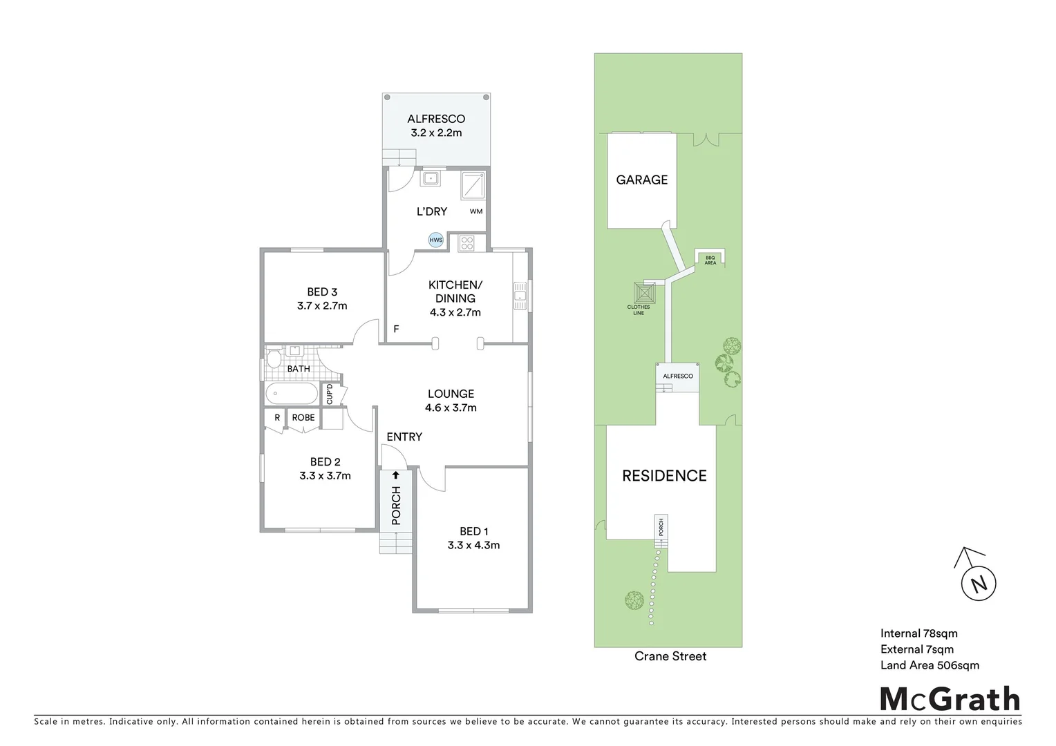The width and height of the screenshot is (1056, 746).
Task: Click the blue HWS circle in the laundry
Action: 435,240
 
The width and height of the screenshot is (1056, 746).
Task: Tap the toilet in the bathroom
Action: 274,359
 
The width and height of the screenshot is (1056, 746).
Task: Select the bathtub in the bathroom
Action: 292,394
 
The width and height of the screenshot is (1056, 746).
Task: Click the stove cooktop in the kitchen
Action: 467,242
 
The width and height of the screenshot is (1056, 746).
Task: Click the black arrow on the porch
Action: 396,475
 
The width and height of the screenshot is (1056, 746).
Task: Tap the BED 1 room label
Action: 473,531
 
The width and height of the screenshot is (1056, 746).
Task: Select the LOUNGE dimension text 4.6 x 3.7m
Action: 451,408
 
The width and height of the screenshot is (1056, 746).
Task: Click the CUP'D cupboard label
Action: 330,394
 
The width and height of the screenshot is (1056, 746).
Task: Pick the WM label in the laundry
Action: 476,211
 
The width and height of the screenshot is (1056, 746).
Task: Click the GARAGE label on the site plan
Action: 641,180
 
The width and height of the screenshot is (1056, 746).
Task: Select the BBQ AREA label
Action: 710,260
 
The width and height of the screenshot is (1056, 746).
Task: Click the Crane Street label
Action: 670,656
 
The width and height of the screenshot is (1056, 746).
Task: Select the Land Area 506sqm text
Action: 930,666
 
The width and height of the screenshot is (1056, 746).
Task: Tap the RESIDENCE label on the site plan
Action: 664,476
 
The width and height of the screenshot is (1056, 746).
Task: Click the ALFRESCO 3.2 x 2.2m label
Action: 436,126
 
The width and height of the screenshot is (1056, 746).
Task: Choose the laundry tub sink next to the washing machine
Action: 431,178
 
